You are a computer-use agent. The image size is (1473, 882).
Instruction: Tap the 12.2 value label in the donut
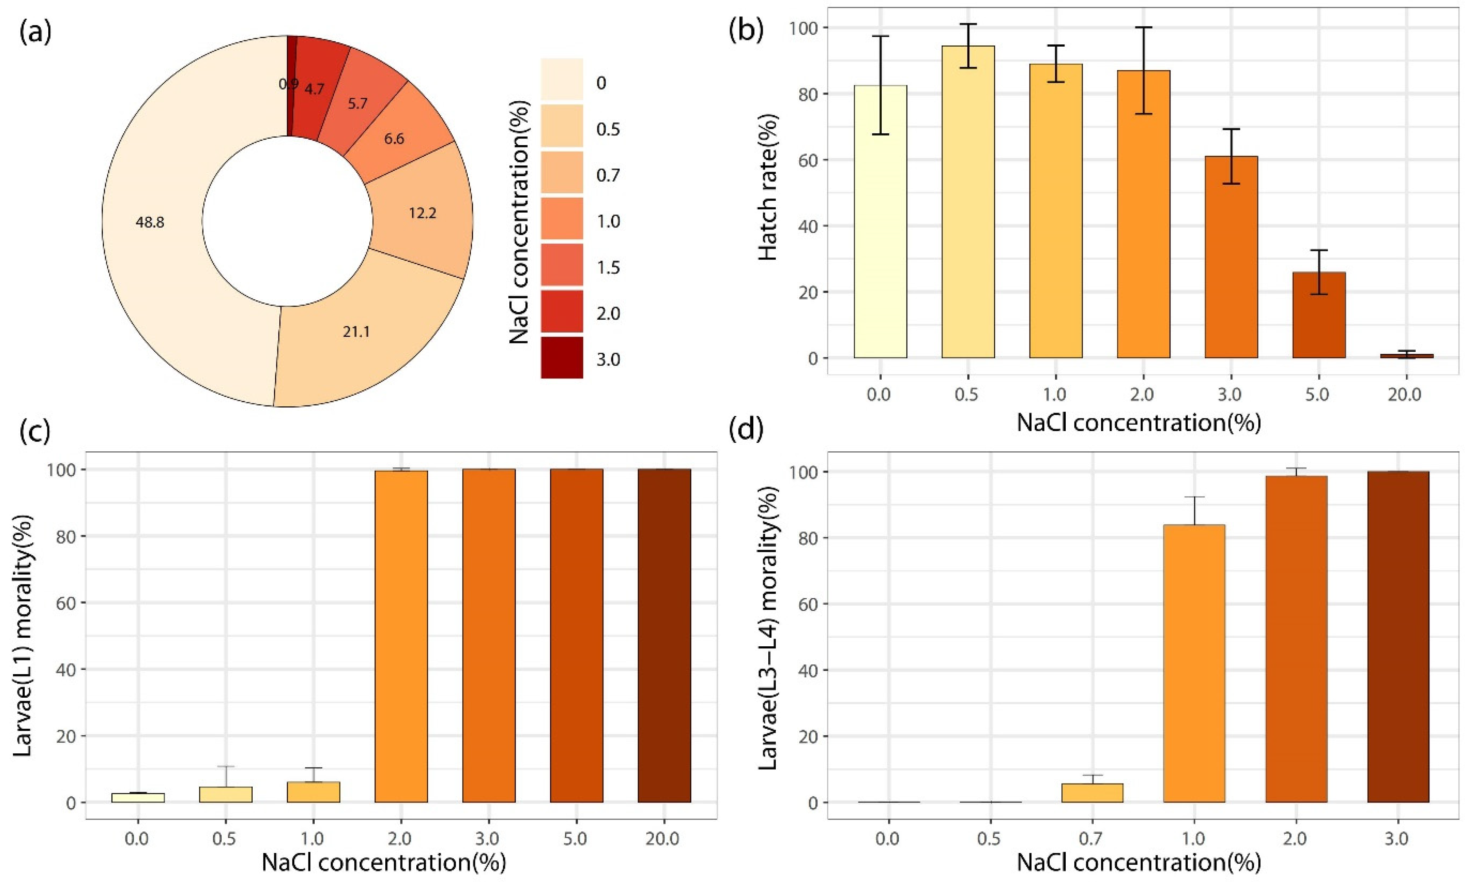422,213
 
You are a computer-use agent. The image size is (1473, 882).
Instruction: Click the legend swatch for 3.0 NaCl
561,358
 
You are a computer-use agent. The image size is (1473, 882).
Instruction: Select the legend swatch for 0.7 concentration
561,174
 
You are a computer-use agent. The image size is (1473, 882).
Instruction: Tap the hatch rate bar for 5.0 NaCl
1318,315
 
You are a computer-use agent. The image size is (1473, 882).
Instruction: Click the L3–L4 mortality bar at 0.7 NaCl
1092,793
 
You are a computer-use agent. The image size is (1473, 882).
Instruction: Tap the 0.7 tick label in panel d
1091,840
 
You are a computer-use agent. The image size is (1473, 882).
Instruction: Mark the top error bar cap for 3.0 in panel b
1231,129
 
